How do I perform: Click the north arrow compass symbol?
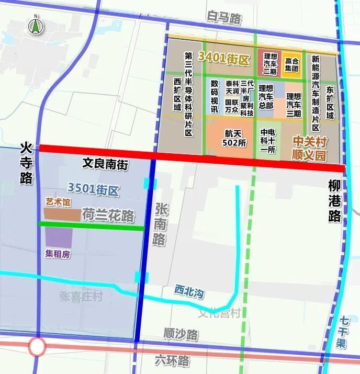(35, 25)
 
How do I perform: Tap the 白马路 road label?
(224, 19)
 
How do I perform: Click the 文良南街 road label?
(105, 164)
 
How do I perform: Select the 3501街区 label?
(94, 190)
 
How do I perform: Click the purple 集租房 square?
(58, 238)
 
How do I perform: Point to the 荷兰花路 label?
(108, 216)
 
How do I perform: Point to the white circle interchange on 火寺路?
(37, 346)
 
